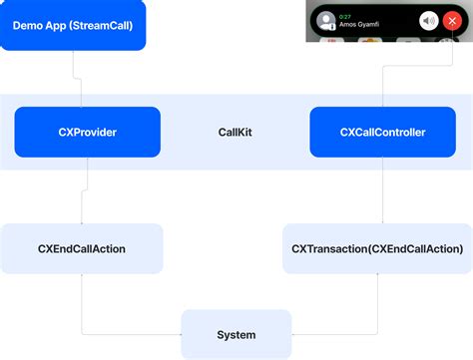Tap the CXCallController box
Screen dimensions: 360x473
(x=383, y=132)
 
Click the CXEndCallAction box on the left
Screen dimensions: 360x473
(x=81, y=248)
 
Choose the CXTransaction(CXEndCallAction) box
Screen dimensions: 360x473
(x=377, y=248)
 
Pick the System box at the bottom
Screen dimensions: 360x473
(x=236, y=334)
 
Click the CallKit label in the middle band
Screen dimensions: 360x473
(x=236, y=132)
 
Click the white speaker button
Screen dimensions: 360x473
(x=428, y=21)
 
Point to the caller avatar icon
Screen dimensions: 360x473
(x=326, y=21)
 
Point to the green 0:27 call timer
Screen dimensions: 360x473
(x=345, y=15)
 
